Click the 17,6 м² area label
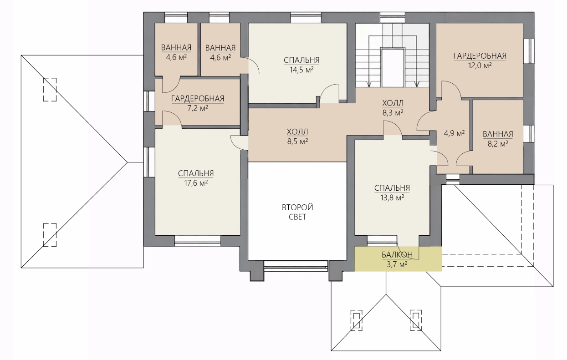(x=196, y=183)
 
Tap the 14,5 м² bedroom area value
(x=301, y=70)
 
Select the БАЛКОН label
(x=397, y=254)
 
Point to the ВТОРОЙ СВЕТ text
(x=297, y=212)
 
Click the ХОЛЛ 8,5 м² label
(x=297, y=137)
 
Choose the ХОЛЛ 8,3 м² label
(x=393, y=108)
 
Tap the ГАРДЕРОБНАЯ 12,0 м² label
(x=480, y=61)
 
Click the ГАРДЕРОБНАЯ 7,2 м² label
(x=198, y=103)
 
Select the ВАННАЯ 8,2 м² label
(x=498, y=139)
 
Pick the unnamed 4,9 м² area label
(x=455, y=133)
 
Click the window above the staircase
(x=393, y=17)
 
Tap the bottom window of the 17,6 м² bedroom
(x=198, y=241)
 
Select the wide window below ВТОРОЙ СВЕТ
(x=296, y=266)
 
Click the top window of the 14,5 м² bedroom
(x=306, y=17)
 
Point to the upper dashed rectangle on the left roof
(x=50, y=90)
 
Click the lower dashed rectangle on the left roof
(x=50, y=235)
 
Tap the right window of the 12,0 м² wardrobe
(x=529, y=51)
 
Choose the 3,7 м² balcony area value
(x=397, y=264)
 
